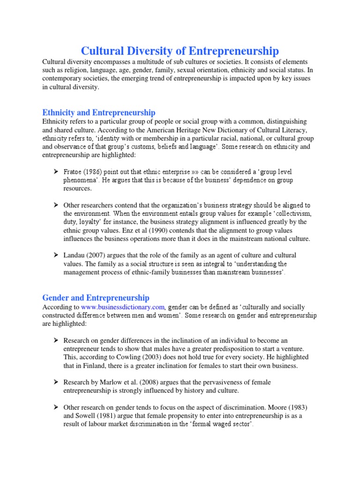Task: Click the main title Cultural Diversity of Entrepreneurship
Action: coord(180,51)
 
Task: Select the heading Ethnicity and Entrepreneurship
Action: coord(99,112)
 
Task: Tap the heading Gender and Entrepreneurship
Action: coord(96,298)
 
